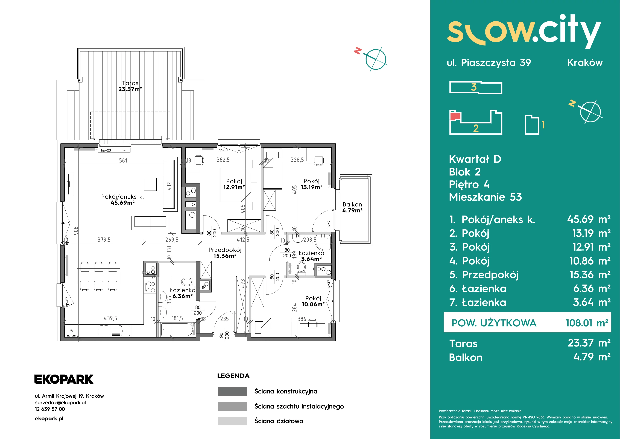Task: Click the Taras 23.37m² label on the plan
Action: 130,86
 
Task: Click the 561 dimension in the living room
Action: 123,160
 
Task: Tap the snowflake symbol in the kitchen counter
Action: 71,331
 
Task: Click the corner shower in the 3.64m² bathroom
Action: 323,242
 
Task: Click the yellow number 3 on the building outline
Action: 474,87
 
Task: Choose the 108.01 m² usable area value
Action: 587,323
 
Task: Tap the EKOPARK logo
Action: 64,379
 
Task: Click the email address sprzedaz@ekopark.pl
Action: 60,403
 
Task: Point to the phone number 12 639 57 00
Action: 50,409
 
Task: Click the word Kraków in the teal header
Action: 585,63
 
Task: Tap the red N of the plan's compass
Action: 358,51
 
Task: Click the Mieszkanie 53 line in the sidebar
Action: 485,197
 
